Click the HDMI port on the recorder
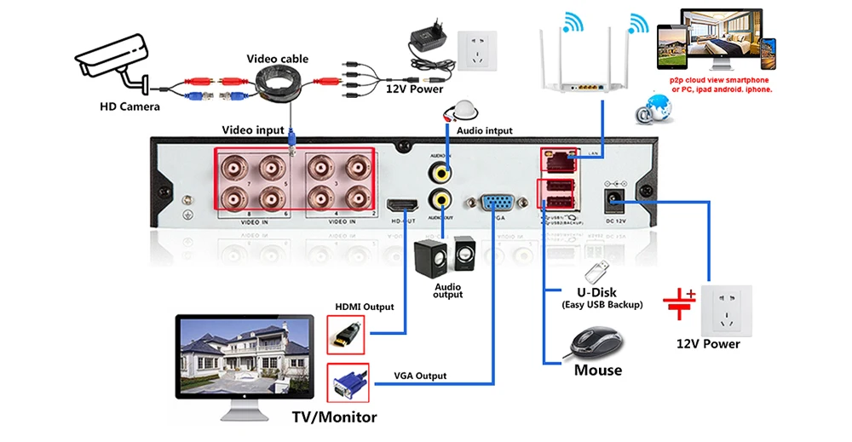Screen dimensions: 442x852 (401, 205)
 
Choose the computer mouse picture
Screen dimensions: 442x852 (596, 342)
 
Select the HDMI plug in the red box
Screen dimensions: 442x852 (347, 335)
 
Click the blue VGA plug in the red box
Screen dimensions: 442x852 (347, 382)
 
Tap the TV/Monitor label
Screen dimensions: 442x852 (335, 417)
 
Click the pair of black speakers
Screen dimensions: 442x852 (443, 256)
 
